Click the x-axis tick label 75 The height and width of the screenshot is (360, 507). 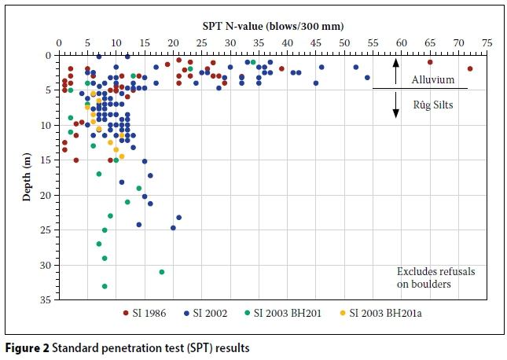[487, 44]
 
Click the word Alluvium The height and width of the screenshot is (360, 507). [434, 79]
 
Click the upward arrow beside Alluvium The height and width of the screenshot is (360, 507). [395, 71]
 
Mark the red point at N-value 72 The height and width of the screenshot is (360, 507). [470, 69]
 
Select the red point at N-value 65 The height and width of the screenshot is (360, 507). [430, 62]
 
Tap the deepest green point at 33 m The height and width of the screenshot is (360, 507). [105, 286]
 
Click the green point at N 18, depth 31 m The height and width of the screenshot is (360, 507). [162, 272]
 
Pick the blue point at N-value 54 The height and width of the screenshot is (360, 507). [367, 77]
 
